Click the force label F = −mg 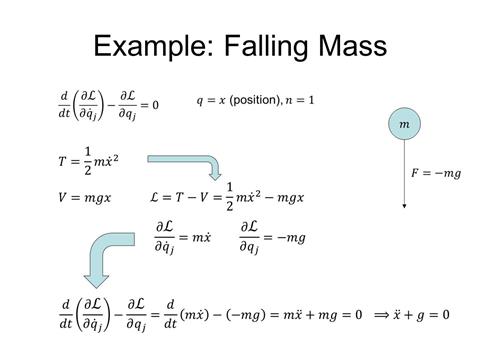coord(436,173)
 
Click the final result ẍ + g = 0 coord(421,316)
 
